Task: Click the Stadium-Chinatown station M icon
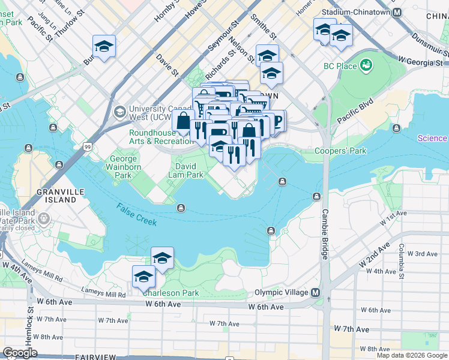pos(397,12)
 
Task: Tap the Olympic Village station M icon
pos(314,292)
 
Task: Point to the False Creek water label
pos(137,214)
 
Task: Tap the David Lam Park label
pos(189,170)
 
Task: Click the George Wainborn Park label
pos(123,167)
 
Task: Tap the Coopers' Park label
pos(340,151)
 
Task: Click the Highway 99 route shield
pos(88,146)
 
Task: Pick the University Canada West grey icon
pos(119,112)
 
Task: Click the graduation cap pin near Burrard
pos(104,46)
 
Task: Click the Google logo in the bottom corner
pos(20,353)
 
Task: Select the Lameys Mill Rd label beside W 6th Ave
pos(104,295)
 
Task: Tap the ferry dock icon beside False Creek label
pos(181,208)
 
